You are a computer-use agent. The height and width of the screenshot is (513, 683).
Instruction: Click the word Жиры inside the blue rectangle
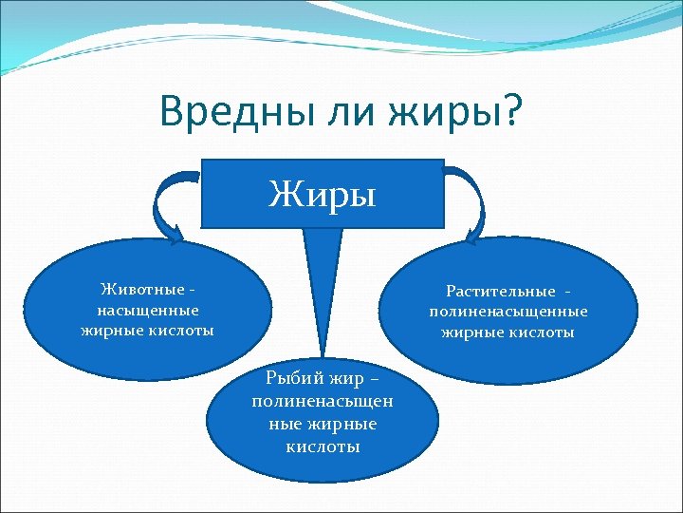coord(323,195)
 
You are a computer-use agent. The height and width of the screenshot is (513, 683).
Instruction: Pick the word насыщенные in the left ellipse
coord(148,310)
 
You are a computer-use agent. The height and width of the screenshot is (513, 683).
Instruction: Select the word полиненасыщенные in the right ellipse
coord(508,312)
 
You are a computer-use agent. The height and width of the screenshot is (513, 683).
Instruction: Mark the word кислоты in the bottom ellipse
coord(323,446)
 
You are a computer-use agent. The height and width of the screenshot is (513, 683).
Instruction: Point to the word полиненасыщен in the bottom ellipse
coord(323,402)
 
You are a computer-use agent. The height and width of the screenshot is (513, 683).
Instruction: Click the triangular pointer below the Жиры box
coord(323,285)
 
